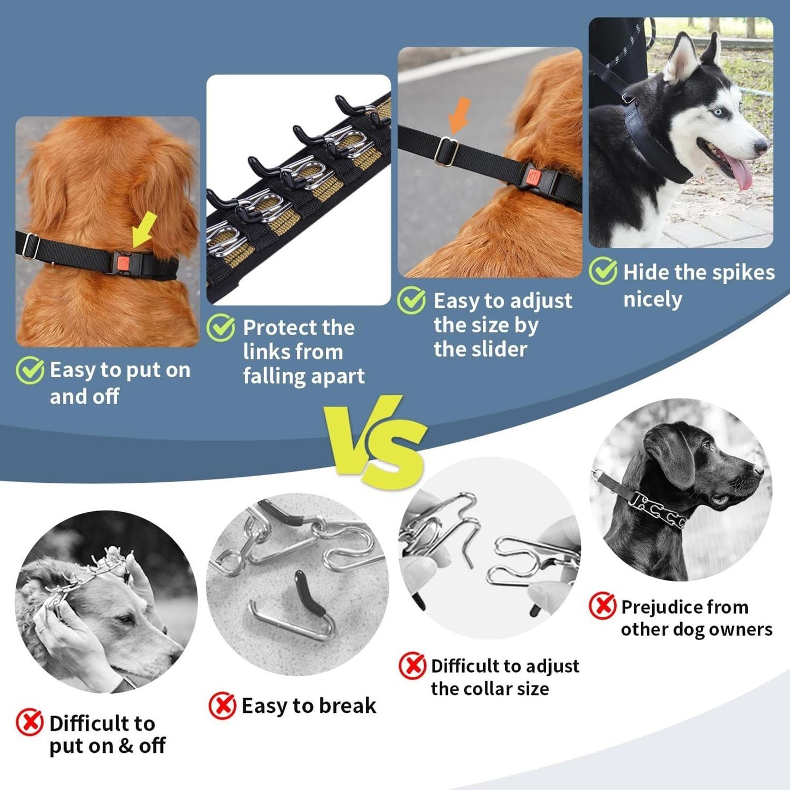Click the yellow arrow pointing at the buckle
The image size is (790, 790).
(x=144, y=230)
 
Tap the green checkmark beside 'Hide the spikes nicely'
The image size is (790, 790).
(x=603, y=271)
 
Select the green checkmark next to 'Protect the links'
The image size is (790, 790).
(x=221, y=327)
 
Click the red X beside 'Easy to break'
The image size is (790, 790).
(x=223, y=705)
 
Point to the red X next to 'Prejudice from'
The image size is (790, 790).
(x=602, y=606)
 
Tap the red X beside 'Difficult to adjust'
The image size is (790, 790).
(x=412, y=665)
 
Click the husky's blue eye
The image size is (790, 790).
(x=717, y=112)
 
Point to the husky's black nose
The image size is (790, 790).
(x=762, y=146)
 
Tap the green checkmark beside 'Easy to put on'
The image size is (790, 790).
(x=30, y=371)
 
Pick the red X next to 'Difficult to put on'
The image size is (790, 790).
(x=30, y=722)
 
